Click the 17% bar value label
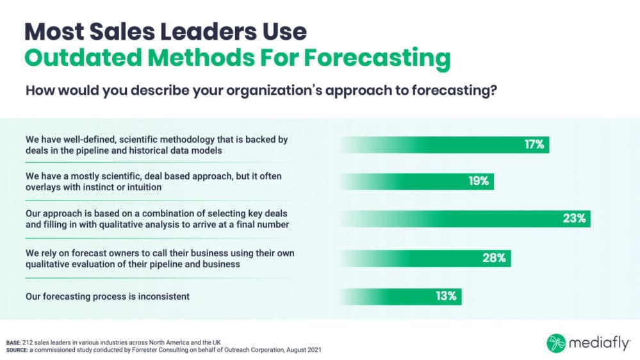click(x=534, y=144)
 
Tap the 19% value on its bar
click(x=479, y=181)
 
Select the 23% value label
click(x=575, y=218)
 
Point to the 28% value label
click(x=495, y=258)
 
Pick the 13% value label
click(x=446, y=296)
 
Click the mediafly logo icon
click(x=555, y=343)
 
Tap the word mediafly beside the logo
click(x=597, y=343)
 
